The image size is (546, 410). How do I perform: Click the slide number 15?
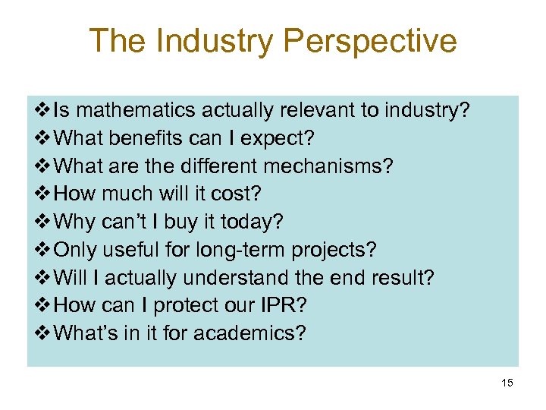507,383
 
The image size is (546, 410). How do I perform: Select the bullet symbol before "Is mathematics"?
42,111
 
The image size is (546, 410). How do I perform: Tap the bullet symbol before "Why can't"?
42,222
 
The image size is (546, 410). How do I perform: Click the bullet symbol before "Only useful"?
42,250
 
